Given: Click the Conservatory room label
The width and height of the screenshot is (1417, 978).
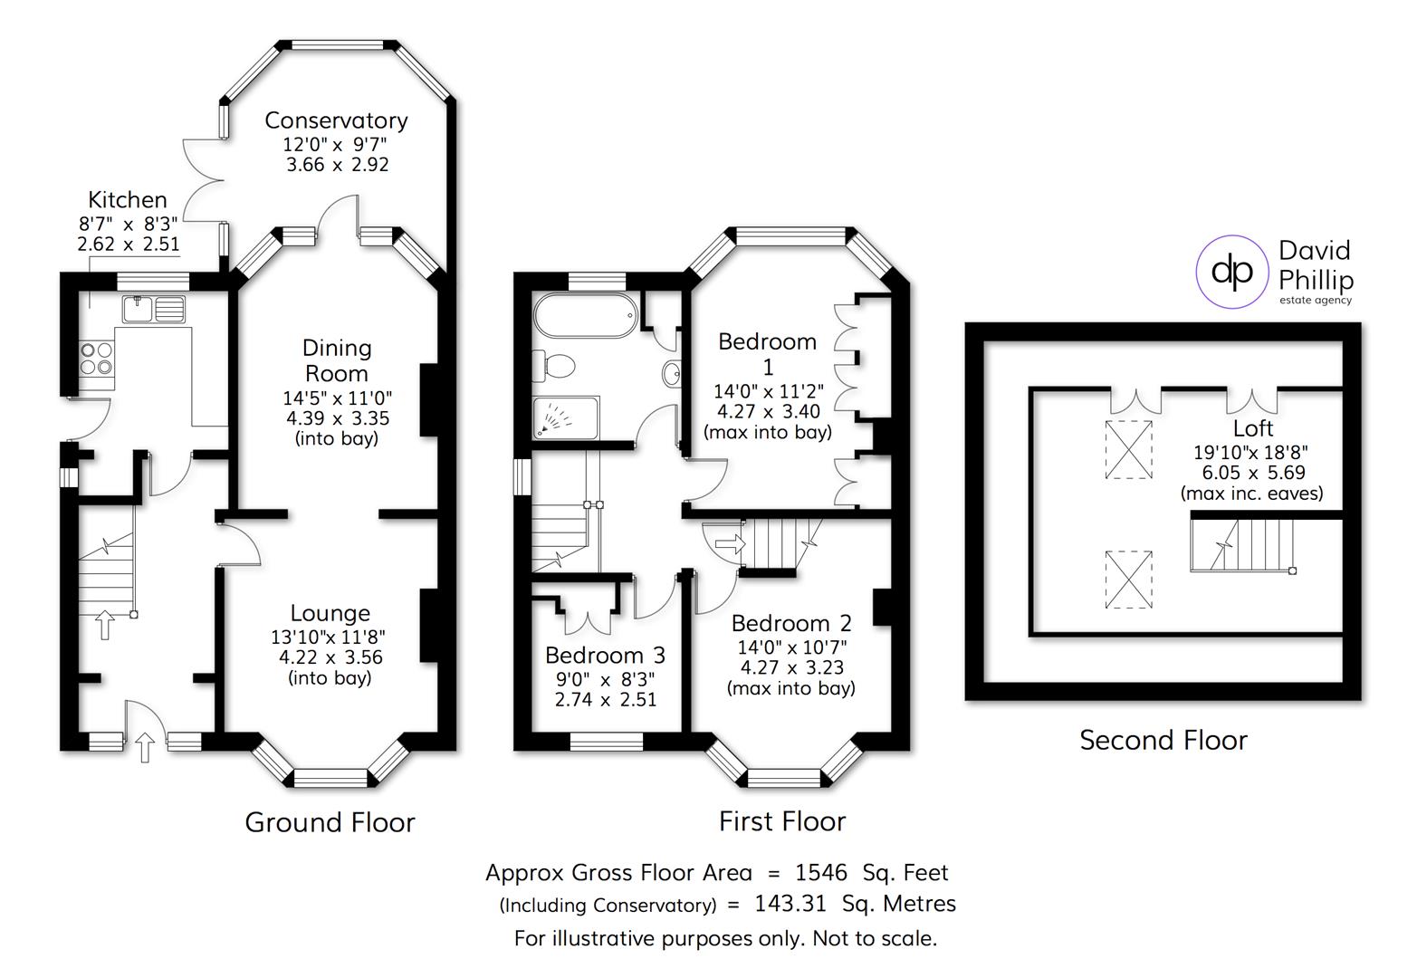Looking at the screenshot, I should (x=336, y=120).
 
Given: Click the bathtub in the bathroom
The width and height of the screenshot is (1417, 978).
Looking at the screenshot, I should (x=585, y=316).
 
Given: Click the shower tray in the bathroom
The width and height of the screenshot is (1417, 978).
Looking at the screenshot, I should (x=565, y=417).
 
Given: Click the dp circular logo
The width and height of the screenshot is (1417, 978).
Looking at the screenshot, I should (x=1231, y=270).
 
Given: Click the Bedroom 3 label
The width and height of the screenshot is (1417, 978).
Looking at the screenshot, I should (x=605, y=655).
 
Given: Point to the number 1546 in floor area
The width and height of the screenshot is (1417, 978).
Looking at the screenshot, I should (x=820, y=872).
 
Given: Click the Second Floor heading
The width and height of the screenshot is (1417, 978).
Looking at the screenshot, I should (x=1163, y=740).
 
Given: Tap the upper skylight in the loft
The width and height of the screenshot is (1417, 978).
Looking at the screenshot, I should (x=1129, y=448).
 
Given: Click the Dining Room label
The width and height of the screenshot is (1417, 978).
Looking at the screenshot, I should (x=337, y=360).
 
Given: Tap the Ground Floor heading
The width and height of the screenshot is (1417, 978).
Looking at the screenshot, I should (x=330, y=822).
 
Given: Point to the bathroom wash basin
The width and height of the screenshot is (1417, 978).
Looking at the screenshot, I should (x=672, y=373).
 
